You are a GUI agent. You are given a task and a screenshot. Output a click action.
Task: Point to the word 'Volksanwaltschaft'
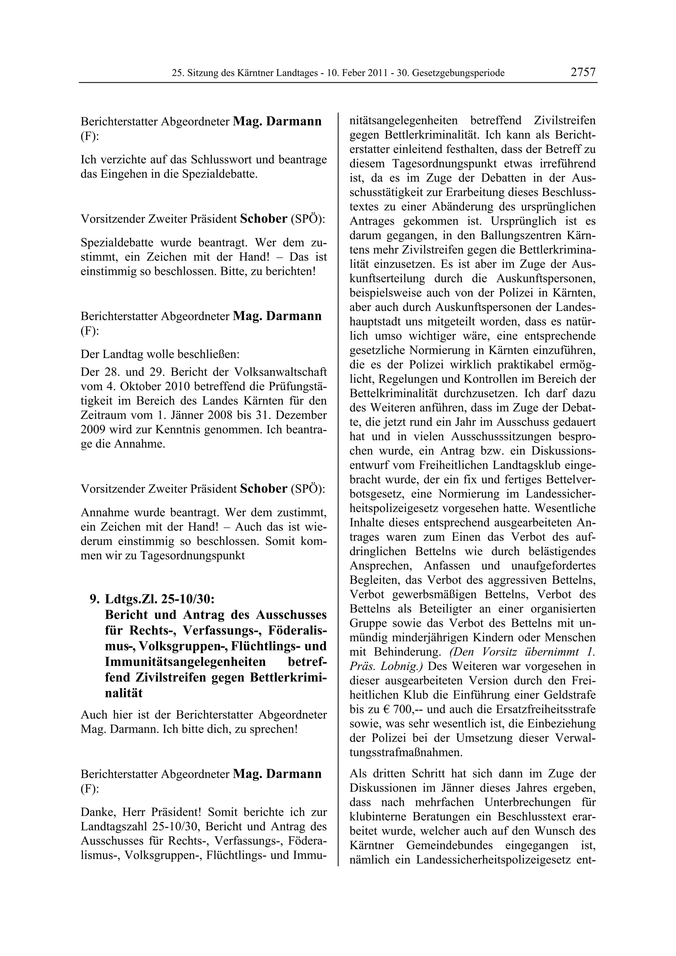tap(280, 372)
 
